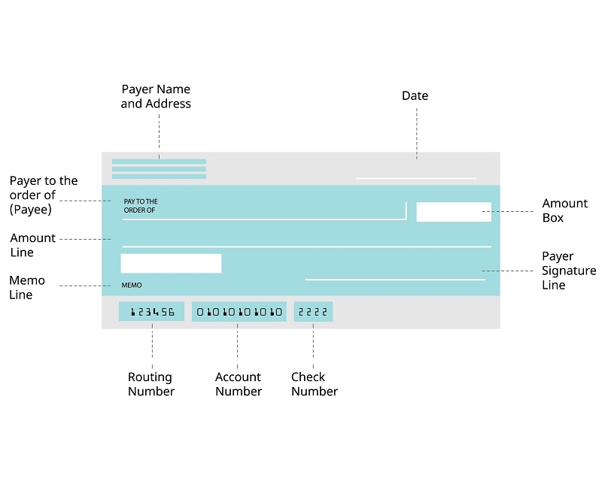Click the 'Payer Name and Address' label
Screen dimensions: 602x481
coord(156,96)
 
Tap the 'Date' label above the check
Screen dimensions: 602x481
coord(415,95)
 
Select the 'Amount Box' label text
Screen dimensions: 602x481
coord(564,210)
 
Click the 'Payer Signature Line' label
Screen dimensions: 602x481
coord(569,271)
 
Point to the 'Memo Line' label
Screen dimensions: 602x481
coord(27,287)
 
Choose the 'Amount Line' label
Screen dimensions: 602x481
coord(32,245)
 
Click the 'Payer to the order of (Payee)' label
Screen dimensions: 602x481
coord(44,195)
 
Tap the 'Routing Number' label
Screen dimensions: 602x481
coord(151,384)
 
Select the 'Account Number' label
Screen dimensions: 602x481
coord(239,384)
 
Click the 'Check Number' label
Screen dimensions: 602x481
coord(315,384)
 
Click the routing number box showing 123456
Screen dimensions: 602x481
coord(151,311)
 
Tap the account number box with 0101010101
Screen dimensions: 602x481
coord(239,311)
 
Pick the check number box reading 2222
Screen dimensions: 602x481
coord(313,311)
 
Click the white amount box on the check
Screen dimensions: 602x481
coord(454,212)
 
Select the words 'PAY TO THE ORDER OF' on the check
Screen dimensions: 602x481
coord(141,206)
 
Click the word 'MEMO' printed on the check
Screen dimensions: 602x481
coord(132,286)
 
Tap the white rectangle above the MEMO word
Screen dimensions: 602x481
coord(171,263)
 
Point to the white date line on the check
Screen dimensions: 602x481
coord(416,178)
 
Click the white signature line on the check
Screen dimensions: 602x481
coord(395,280)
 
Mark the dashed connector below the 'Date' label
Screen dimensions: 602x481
coord(417,134)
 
